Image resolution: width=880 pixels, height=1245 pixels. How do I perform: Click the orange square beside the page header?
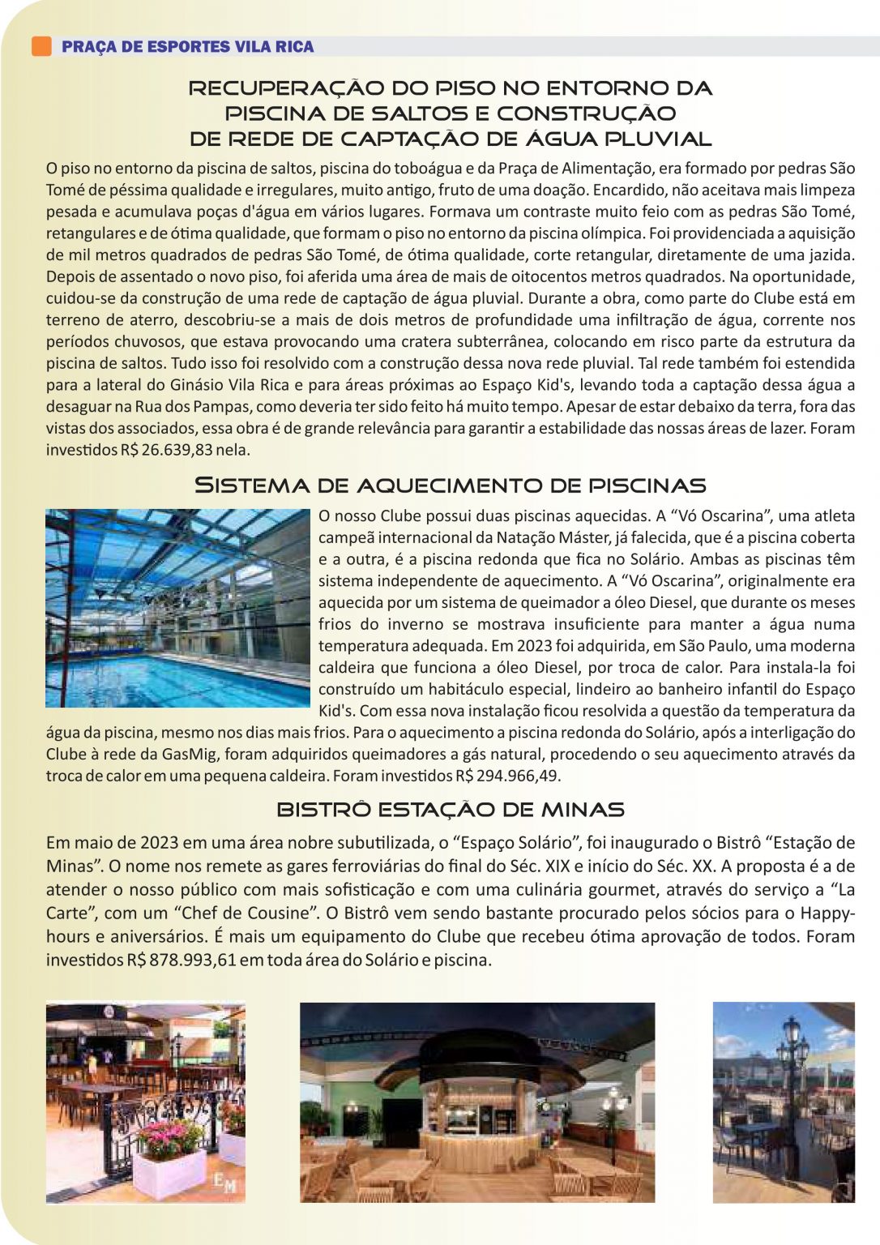click(x=41, y=46)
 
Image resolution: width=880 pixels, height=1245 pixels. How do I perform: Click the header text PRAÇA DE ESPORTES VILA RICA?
click(x=187, y=47)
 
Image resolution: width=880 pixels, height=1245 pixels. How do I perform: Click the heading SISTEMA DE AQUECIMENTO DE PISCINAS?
click(x=450, y=486)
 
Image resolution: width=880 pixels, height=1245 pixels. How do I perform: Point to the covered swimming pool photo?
click(x=177, y=608)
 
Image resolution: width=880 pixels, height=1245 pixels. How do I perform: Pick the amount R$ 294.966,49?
click(x=507, y=776)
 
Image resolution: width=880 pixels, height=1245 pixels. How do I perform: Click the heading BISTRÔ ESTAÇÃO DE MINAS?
click(x=450, y=810)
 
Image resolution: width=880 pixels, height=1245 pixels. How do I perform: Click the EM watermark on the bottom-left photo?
click(x=225, y=1184)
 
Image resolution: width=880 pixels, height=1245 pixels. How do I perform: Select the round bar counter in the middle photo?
click(x=476, y=1123)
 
